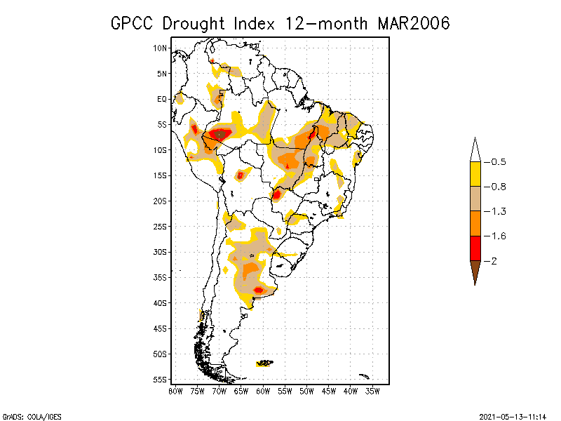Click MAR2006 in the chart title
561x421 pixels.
(x=413, y=23)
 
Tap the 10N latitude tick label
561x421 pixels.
(x=161, y=48)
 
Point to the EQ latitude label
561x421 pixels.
(x=162, y=99)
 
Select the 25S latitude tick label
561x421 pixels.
(x=161, y=226)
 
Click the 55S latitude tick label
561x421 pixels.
(x=161, y=379)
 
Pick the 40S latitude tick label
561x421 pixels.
(x=161, y=302)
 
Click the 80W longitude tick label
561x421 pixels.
(x=175, y=390)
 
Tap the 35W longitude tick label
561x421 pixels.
(x=372, y=390)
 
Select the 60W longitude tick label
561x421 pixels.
(x=263, y=390)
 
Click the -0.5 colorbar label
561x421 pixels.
(x=495, y=162)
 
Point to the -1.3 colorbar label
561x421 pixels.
(x=495, y=211)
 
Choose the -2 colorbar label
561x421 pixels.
(x=492, y=260)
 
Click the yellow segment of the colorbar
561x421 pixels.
(x=475, y=174)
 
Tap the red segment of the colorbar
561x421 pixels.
(x=475, y=248)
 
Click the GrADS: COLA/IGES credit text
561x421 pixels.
(x=29, y=415)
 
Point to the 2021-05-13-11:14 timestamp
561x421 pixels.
(x=513, y=415)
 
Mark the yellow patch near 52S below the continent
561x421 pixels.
(x=265, y=363)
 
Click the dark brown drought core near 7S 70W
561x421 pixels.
(x=221, y=133)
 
